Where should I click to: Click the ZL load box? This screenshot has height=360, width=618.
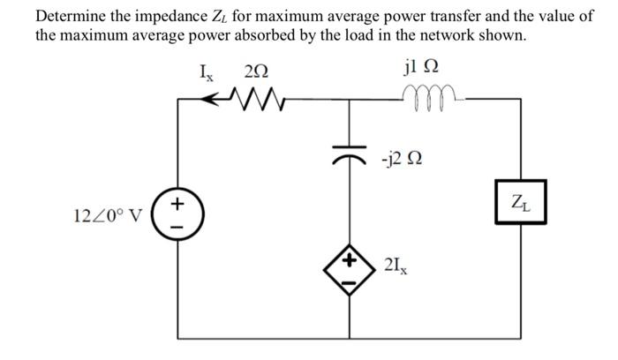pyautogui.click(x=521, y=201)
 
